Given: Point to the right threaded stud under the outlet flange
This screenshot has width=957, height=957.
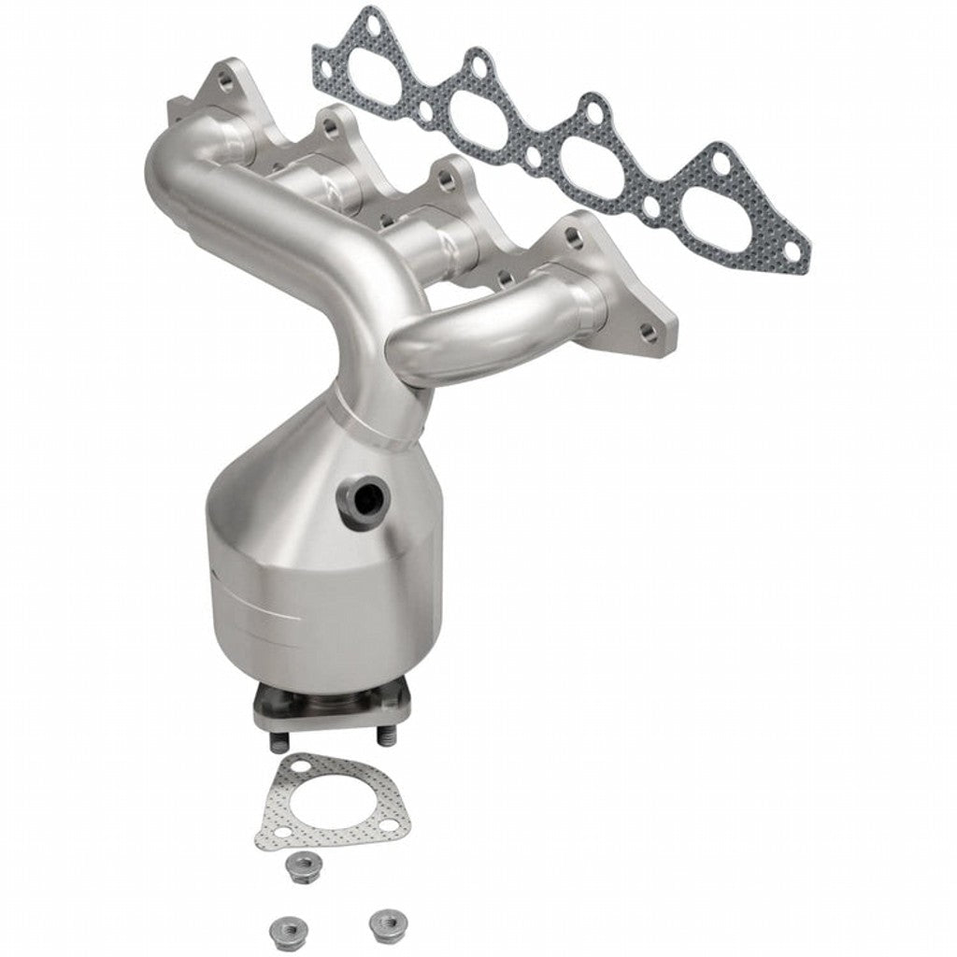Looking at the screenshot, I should point(385,737).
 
